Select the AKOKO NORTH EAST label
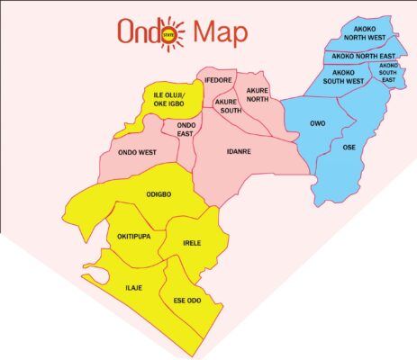click(363, 56)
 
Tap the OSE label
click(349, 146)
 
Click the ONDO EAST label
click(186, 129)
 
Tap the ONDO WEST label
click(137, 153)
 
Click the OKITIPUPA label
click(138, 237)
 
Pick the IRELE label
click(192, 243)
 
